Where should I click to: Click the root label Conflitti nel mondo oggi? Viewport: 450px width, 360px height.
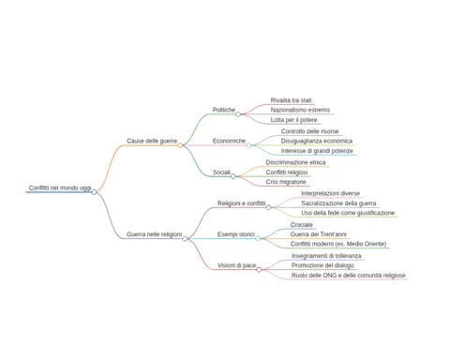click(x=60, y=187)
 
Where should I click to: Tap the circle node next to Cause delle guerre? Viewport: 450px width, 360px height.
click(x=180, y=145)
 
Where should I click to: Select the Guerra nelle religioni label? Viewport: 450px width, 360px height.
click(x=154, y=234)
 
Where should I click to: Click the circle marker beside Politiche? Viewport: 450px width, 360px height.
click(x=238, y=114)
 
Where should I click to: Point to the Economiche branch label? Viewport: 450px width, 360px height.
click(x=229, y=141)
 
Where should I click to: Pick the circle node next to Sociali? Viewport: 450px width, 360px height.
click(x=233, y=176)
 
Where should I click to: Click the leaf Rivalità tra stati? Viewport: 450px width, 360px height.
click(x=291, y=100)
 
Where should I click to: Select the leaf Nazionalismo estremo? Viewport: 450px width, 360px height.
click(x=300, y=110)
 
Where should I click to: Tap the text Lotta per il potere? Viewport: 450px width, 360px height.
click(x=293, y=120)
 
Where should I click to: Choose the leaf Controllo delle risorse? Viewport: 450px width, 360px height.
click(x=309, y=131)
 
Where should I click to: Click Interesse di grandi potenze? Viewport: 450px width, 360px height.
click(x=317, y=151)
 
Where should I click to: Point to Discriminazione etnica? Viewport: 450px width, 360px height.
click(x=295, y=162)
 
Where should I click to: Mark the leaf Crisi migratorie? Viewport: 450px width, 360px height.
click(x=286, y=182)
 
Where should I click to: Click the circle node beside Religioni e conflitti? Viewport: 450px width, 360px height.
click(x=268, y=207)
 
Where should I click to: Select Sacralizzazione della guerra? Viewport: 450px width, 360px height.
click(x=338, y=203)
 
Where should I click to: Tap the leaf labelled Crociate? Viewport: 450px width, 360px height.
click(x=302, y=225)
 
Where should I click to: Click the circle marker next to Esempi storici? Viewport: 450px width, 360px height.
click(x=258, y=238)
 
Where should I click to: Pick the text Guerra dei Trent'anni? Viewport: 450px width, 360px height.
click(x=318, y=234)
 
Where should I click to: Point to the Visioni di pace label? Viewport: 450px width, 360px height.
click(x=236, y=265)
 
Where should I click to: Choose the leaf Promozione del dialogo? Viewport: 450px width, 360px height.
click(x=322, y=265)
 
